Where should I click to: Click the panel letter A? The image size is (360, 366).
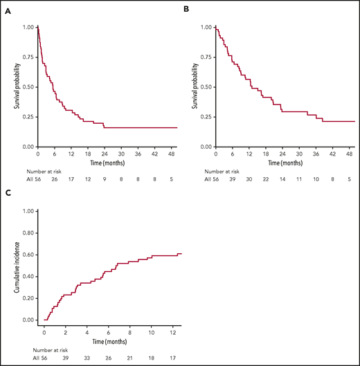(x=8, y=9)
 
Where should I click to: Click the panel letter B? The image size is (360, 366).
(x=186, y=9)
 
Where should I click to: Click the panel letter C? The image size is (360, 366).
(x=8, y=194)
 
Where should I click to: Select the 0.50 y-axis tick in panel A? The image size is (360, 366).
(x=27, y=87)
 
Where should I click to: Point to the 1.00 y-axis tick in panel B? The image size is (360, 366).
(x=206, y=28)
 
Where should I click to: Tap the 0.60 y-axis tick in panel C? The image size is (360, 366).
(x=27, y=255)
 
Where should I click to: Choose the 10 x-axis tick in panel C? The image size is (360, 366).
(x=151, y=327)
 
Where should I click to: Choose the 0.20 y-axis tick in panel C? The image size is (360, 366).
(x=27, y=298)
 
